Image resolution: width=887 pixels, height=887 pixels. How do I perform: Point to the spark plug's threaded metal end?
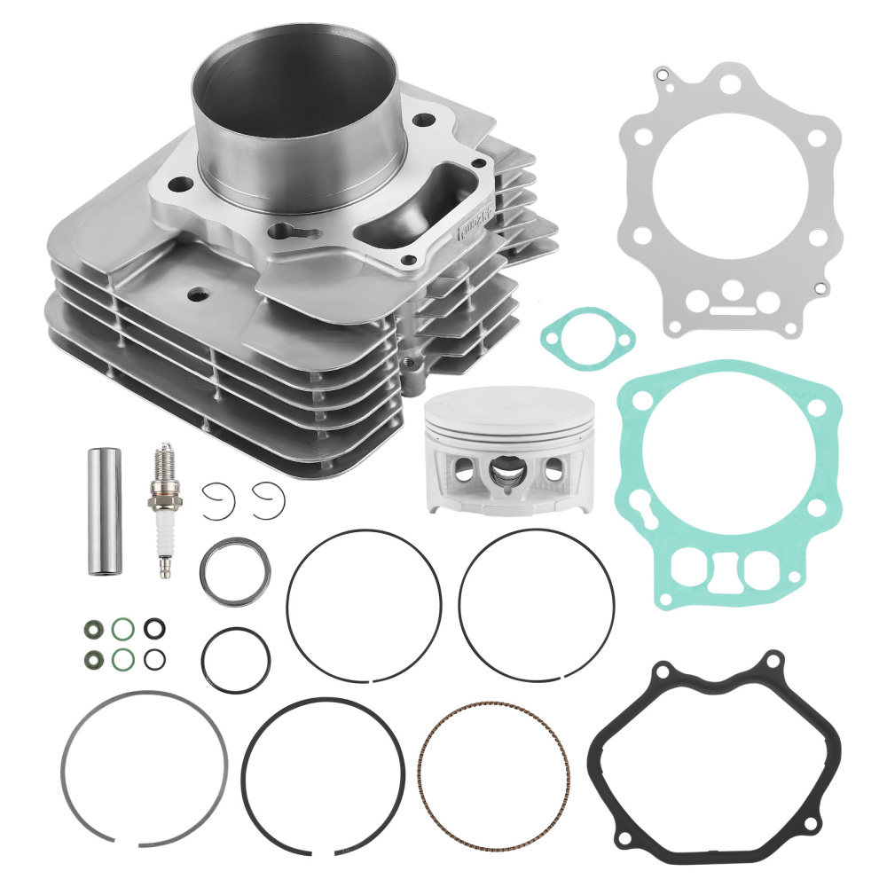coord(163,460)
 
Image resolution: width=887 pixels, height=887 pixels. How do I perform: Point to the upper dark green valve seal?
coord(91,631)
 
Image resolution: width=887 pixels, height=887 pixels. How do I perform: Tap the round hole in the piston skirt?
coord(553,471)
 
